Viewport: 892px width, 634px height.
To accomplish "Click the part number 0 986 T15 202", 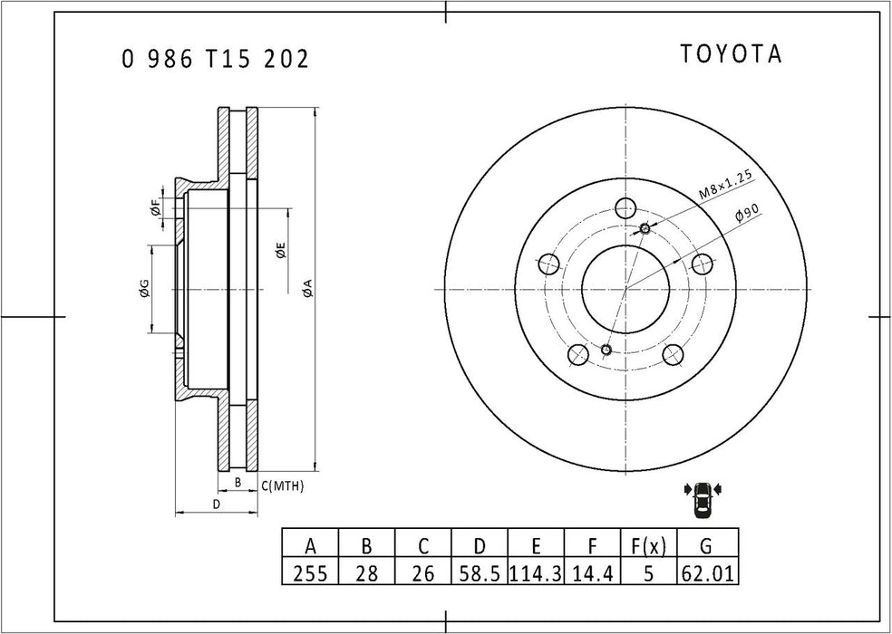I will tap(215, 60).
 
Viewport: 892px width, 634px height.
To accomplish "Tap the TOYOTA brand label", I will tap(731, 54).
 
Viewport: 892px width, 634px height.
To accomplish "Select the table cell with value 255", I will tap(310, 573).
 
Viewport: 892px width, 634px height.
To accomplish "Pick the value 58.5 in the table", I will tap(480, 573).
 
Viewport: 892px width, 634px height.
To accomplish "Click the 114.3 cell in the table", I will tap(536, 573).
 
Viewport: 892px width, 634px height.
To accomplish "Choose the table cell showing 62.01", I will tap(706, 573).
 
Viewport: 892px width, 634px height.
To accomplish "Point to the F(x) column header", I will tap(648, 546).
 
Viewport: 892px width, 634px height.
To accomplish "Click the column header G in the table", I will tap(706, 546).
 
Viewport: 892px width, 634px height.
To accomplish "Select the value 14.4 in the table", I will tap(592, 573).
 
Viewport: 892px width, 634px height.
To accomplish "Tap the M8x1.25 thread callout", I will tap(726, 184).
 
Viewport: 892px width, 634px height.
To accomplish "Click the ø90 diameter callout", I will tap(747, 216).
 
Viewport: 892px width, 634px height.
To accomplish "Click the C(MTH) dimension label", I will tap(283, 486).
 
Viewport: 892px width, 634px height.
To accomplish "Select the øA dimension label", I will tap(306, 289).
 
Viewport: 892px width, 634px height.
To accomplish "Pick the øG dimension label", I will tap(143, 289).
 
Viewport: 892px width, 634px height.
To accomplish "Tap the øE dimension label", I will tap(281, 252).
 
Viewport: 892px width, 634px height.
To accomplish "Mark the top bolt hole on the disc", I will tap(624, 207).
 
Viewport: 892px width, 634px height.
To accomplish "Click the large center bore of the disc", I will tap(625, 290).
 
